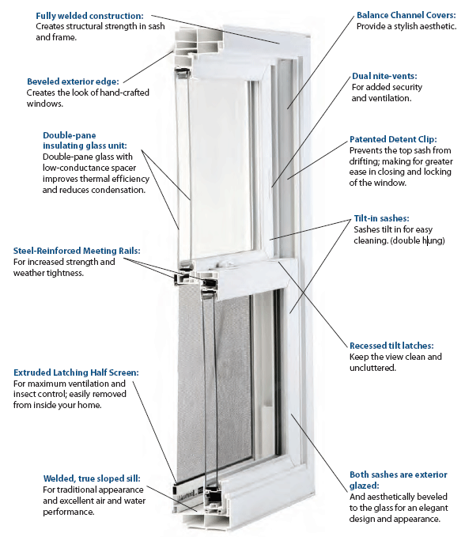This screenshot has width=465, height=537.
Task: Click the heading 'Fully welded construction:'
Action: pos(89,16)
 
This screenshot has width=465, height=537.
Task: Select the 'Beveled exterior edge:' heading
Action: pos(73,81)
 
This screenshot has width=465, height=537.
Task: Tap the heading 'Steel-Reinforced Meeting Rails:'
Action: pos(77,251)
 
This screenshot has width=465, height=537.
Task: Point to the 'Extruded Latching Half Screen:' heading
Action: pos(76,372)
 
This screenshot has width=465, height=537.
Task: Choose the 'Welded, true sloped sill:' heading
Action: pos(92,478)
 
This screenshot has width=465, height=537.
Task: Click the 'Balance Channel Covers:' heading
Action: pos(406,15)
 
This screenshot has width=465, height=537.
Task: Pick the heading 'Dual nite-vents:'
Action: pos(384,76)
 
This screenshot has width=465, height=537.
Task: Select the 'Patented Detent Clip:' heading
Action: pos(393,139)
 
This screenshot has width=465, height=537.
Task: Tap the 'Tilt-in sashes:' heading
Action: pos(381,218)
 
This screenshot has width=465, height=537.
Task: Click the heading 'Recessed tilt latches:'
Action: pos(391,346)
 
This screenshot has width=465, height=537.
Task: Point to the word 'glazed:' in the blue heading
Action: pos(364,486)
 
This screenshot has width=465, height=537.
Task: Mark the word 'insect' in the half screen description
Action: pos(25,394)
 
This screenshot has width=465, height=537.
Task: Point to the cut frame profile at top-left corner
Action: pos(187,51)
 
